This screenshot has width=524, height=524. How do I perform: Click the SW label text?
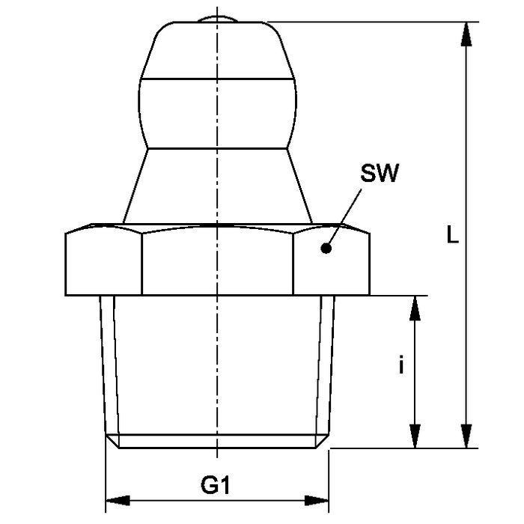coord(380,173)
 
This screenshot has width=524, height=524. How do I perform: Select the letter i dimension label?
coord(401,365)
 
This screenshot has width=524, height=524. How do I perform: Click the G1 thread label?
coord(216,485)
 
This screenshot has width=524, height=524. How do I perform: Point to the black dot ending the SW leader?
coord(326,249)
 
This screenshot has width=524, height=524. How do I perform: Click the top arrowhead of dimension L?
coord(466,34)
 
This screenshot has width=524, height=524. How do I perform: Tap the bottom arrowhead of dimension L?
coord(466,436)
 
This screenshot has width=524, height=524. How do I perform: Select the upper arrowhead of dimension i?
coord(415,308)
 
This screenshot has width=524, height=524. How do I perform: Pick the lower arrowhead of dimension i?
coord(415,436)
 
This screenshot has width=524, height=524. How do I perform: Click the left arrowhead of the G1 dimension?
coord(118,501)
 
